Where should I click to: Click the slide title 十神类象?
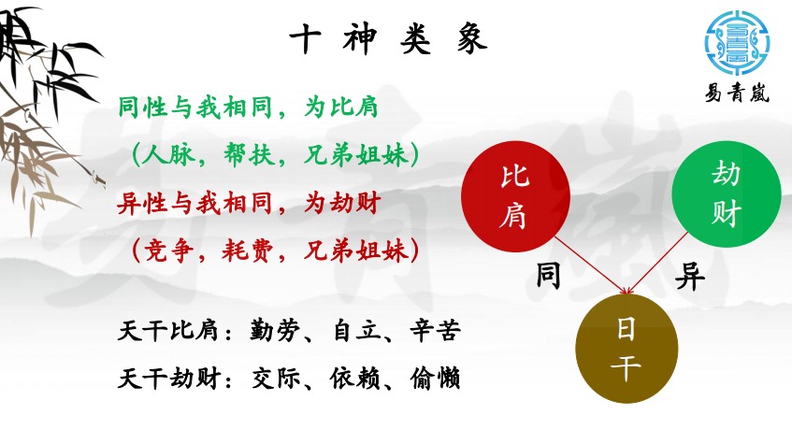388,39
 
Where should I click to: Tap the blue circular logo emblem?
737,42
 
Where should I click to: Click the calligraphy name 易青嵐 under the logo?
737,93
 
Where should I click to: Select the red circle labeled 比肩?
516,196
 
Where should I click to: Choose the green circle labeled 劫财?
727,194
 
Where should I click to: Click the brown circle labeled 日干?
626,349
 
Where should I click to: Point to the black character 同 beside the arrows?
548,276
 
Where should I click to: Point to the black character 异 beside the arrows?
689,277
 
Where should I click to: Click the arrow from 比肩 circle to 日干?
592,265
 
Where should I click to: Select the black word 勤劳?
275,331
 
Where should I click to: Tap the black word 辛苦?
435,331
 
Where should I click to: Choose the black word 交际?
276,379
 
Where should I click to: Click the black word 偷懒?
435,379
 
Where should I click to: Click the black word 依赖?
355,379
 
